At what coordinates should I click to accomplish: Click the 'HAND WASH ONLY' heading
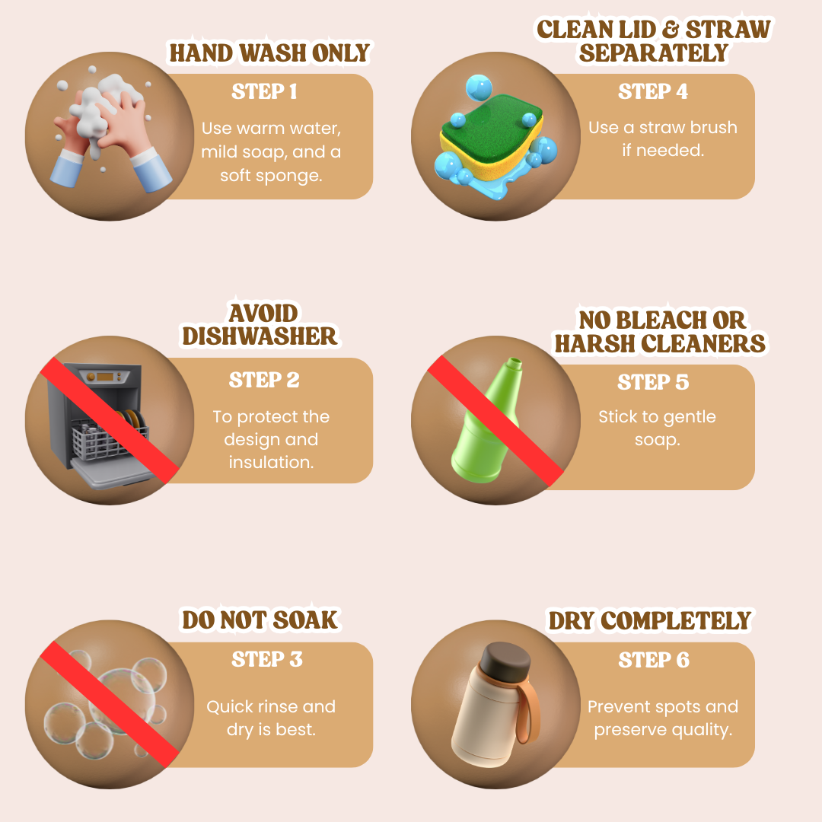click(x=269, y=53)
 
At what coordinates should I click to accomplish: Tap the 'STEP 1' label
click(x=264, y=91)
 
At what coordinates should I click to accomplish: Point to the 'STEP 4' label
click(x=653, y=91)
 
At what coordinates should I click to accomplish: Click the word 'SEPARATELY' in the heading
click(x=654, y=53)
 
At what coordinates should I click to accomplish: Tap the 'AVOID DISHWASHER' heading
click(x=260, y=325)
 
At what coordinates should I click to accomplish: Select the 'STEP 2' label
click(x=264, y=380)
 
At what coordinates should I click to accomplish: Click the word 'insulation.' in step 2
click(x=271, y=462)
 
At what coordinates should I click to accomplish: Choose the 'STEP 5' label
click(x=653, y=382)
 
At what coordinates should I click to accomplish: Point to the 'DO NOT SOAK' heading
click(x=260, y=620)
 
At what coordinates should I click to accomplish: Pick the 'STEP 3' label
click(x=267, y=659)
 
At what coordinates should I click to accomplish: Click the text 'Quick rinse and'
click(x=271, y=706)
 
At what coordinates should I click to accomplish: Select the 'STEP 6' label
click(x=654, y=659)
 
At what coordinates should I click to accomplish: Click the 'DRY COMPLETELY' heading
click(x=649, y=620)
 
